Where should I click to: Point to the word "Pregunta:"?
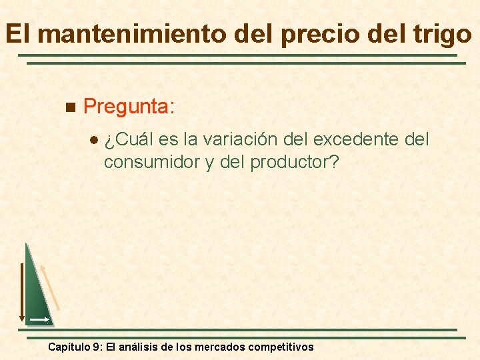point(130,106)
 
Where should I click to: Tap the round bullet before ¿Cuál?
point(93,141)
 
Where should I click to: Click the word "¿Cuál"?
point(130,140)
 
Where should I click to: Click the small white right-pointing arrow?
point(39,321)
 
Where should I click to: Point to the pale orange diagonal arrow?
point(50,287)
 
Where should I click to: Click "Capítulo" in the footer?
point(69,347)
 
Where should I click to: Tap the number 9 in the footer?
point(97,347)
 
